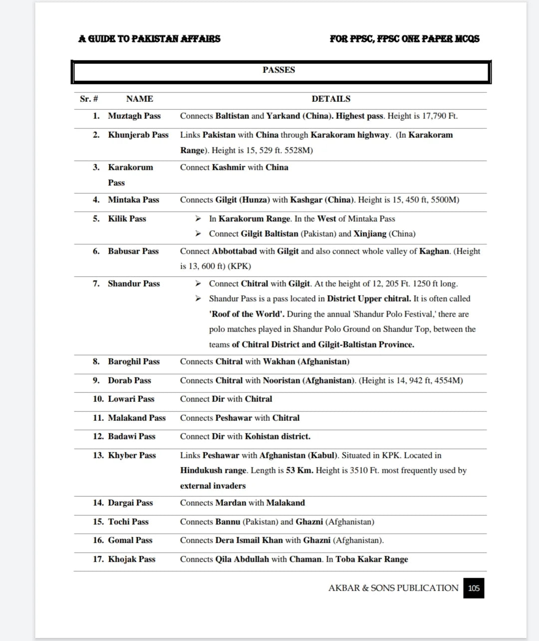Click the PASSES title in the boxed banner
coord(278,70)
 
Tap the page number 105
coord(474,588)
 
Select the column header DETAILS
coord(331,99)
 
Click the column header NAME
coord(139,99)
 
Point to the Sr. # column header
coord(89,99)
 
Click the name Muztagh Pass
coord(134,116)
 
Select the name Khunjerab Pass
coord(138,135)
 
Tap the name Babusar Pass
coord(133,251)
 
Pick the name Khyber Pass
coord(132,455)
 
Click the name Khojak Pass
coord(132,559)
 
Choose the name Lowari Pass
coord(131,399)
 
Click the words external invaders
coord(213,486)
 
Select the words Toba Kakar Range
coord(372,559)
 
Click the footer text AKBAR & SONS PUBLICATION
coord(393,588)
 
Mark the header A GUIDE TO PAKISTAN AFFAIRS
coord(149,38)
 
